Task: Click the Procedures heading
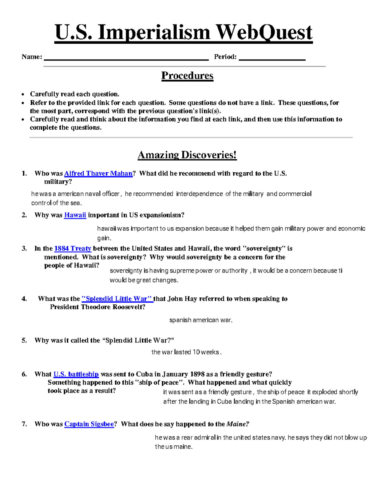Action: pos(187,76)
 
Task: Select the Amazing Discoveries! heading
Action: pos(187,155)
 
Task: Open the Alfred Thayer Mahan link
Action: pos(98,174)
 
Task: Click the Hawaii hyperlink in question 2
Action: pos(75,215)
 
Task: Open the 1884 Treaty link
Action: pos(73,248)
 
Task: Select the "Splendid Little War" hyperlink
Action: pos(117,299)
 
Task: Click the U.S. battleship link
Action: pos(76,374)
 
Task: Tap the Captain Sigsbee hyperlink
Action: pos(89,424)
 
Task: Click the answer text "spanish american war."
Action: pos(201,320)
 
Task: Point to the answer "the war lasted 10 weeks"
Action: pos(186,352)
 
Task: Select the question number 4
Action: pos(24,299)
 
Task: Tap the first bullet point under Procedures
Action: pos(23,94)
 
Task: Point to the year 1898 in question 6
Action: pos(197,374)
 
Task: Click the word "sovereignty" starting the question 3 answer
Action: pos(126,271)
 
